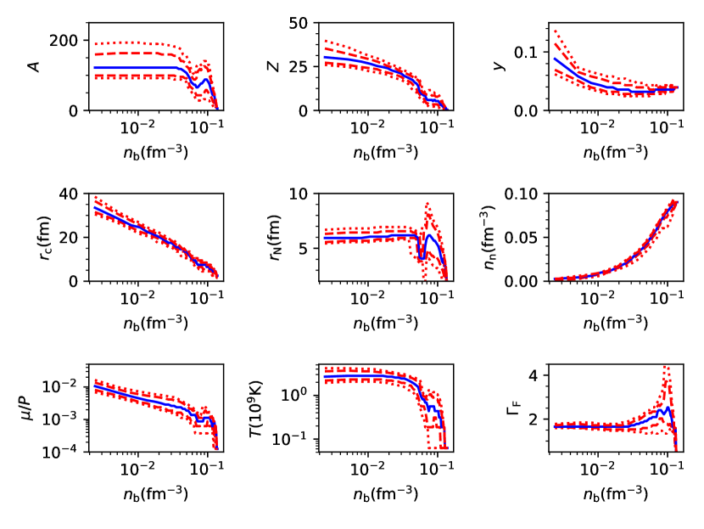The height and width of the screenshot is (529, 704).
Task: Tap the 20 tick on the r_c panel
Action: point(71,237)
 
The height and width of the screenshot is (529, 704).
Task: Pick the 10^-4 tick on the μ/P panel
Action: point(62,449)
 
